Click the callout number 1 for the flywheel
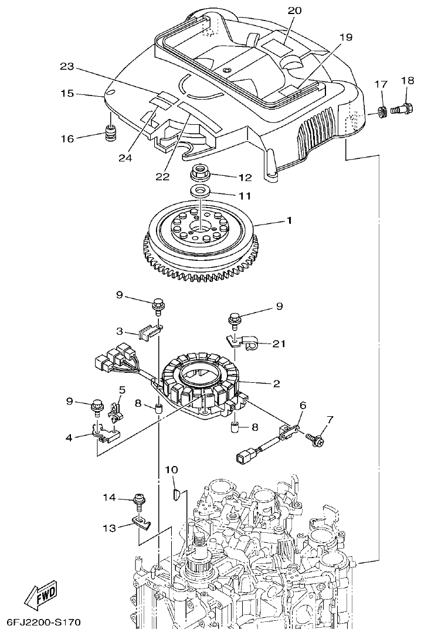pos(289,221)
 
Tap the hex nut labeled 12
pos(201,174)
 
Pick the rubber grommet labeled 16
pos(110,134)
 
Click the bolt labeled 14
pos(141,499)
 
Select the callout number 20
pos(295,11)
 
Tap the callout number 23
pos(68,67)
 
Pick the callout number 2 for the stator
pos(276,384)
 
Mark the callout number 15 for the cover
pos(68,93)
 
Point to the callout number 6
pos(303,405)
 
